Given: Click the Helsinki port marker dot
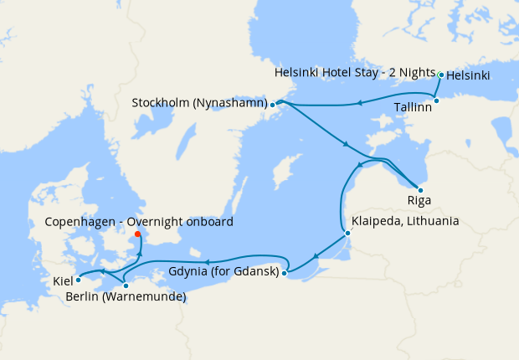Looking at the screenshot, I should click(441, 75).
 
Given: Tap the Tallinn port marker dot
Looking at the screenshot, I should click(436, 100).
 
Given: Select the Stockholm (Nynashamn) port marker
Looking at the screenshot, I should click(273, 105).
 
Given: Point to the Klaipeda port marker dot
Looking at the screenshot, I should click(347, 233).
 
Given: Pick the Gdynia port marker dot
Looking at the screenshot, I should click(285, 272).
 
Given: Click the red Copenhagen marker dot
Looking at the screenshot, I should click(138, 234).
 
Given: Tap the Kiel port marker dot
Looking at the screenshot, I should click(78, 280).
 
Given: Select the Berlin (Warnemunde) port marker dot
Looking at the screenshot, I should click(126, 285).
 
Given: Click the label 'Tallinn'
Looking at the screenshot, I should click(413, 108).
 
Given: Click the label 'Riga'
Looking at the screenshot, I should click(419, 202).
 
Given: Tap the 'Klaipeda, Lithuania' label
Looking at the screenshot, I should click(405, 222).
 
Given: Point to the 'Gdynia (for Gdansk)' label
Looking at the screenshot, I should click(224, 272).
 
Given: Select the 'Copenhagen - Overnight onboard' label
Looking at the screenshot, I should click(139, 222).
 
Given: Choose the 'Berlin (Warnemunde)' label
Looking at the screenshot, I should click(126, 297).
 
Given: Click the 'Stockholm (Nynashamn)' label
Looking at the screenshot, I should click(199, 103).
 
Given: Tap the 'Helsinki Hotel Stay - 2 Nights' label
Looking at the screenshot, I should click(355, 74).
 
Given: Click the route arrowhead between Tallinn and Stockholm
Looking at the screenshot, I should click(358, 104).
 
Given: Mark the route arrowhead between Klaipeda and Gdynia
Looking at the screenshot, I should click(315, 257).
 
